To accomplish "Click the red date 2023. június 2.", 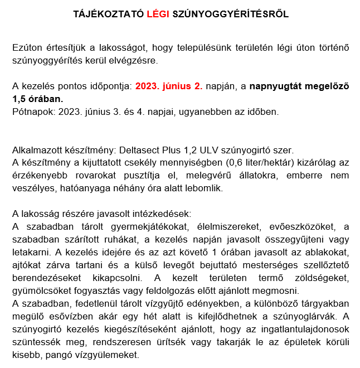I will point(169,86).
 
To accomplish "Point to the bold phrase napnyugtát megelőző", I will point(299,86).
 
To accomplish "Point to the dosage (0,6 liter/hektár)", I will point(263,163).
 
